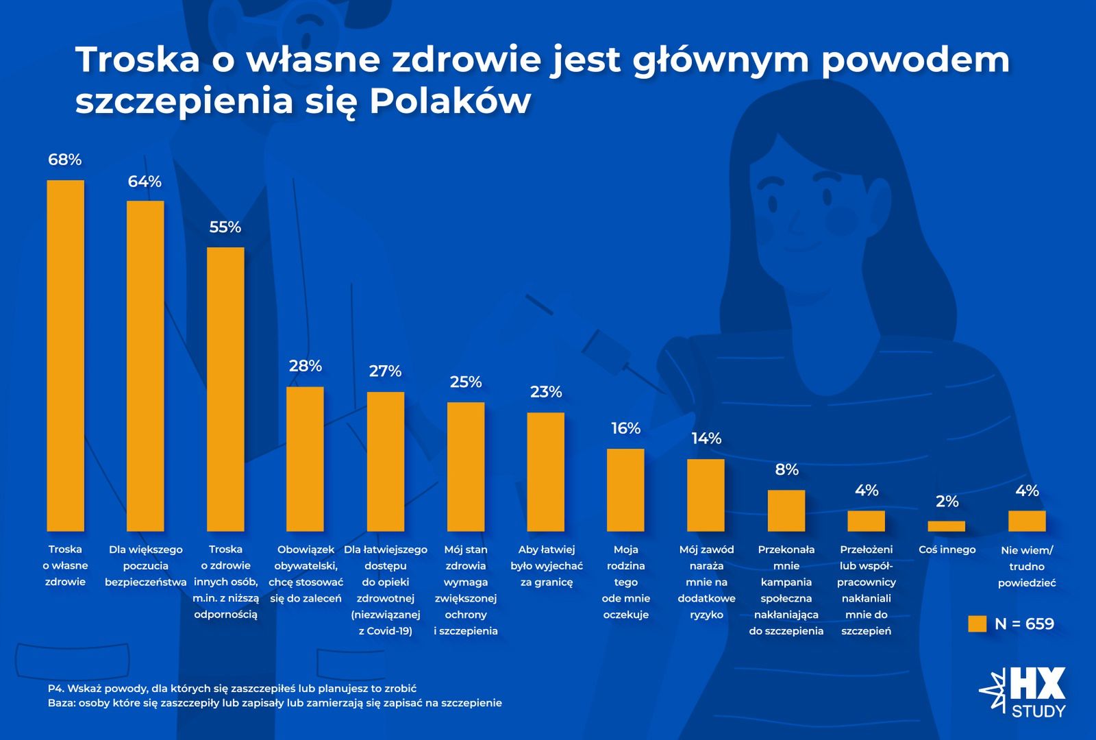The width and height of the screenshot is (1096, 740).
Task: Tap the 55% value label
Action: (x=225, y=227)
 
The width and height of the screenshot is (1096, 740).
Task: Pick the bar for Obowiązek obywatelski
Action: (x=305, y=458)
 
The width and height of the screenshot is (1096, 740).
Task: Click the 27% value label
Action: (x=385, y=371)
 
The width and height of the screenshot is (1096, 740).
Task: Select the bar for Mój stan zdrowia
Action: (x=466, y=466)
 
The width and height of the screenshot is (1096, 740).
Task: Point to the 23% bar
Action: (x=546, y=471)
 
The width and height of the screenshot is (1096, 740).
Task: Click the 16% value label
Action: (x=625, y=428)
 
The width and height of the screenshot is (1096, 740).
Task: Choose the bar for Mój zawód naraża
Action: (x=706, y=495)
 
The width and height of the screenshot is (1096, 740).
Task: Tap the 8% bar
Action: (x=786, y=510)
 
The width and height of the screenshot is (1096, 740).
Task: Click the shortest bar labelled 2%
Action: (x=947, y=526)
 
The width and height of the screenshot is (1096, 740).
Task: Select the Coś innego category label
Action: (x=947, y=550)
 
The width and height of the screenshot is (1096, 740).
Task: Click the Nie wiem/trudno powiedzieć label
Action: (x=1026, y=567)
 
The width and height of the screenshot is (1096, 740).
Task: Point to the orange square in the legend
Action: (x=977, y=624)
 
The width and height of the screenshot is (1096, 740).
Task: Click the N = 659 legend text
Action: (x=1024, y=624)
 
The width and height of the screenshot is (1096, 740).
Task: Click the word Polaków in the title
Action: (x=450, y=101)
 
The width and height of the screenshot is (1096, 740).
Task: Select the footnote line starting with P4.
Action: (x=232, y=688)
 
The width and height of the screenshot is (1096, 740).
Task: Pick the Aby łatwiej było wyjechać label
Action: (x=546, y=566)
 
